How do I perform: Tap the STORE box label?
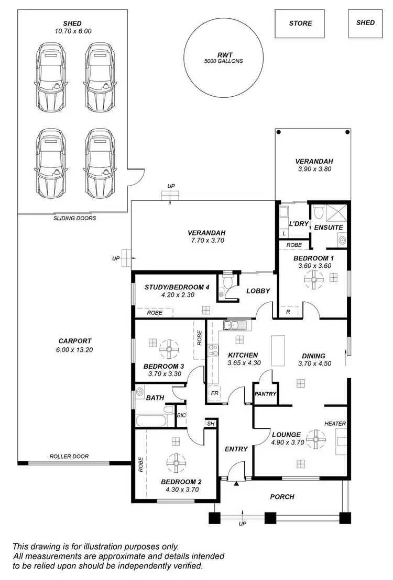click(x=300, y=24)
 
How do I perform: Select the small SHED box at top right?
click(x=365, y=23)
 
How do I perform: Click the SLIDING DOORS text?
click(x=74, y=218)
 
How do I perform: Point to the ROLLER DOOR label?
click(x=69, y=456)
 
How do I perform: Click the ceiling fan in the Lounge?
click(x=316, y=439)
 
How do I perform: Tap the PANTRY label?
click(x=266, y=394)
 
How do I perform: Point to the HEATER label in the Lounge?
click(x=334, y=424)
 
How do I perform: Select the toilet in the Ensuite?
click(x=318, y=211)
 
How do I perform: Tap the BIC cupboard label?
click(x=181, y=415)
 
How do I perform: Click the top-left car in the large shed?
click(x=51, y=75)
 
